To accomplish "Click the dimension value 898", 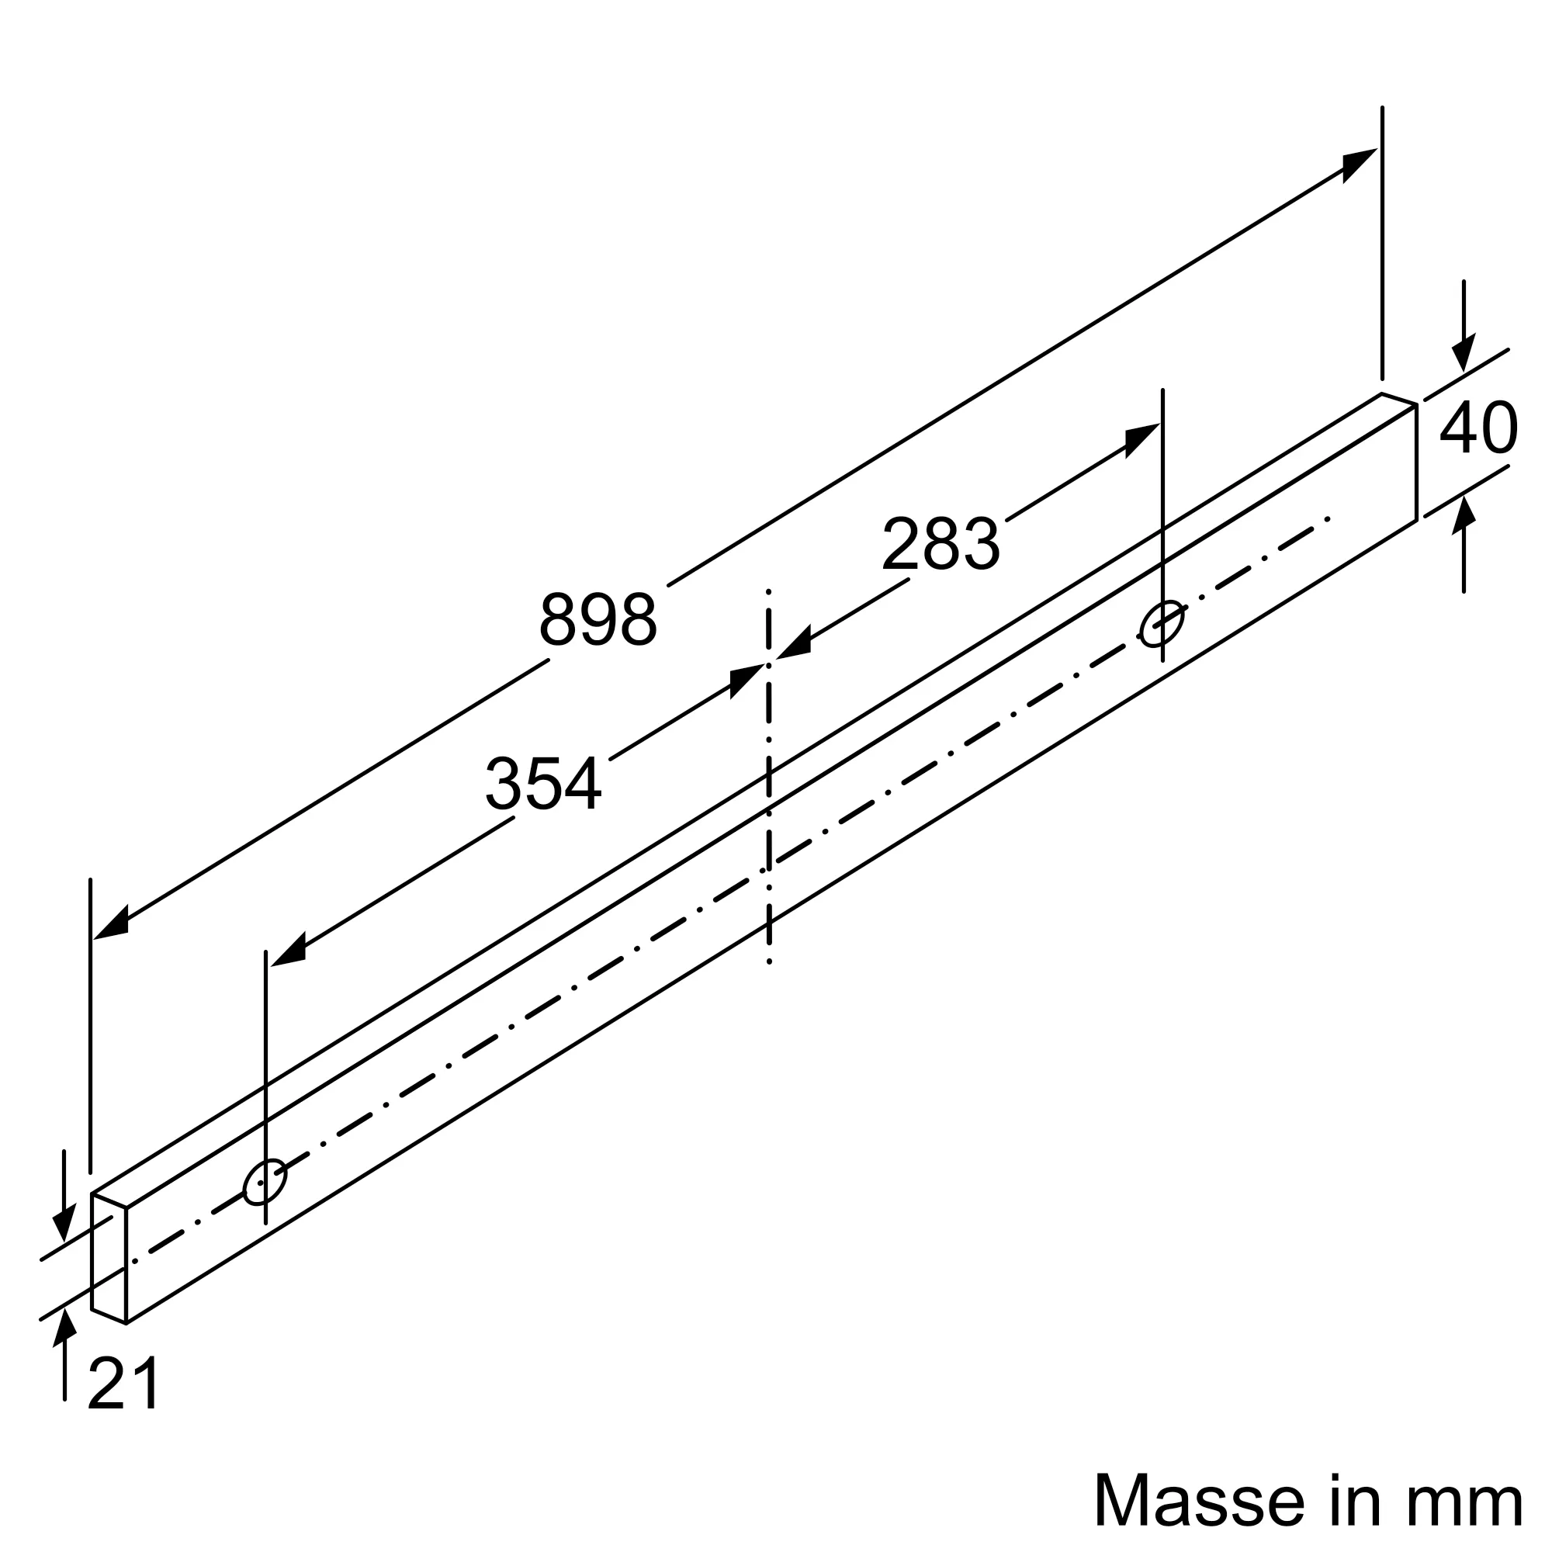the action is tap(598, 619).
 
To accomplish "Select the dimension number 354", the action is tap(544, 782).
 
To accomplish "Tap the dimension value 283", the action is tap(941, 543).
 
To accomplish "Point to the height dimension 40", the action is tap(1479, 427).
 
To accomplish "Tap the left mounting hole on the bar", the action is tap(265, 1183).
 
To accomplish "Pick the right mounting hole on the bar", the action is tap(1162, 623).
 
